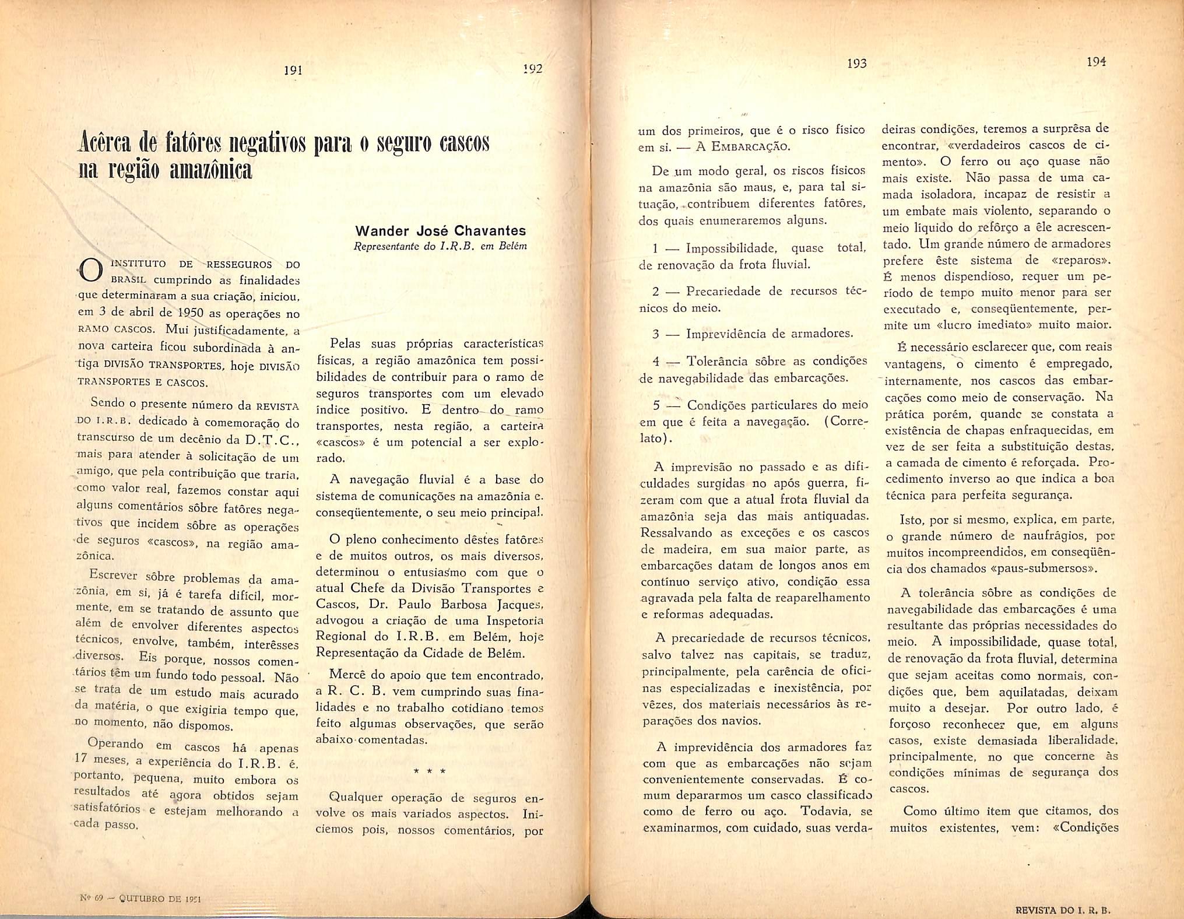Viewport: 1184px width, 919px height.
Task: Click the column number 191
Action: click(292, 70)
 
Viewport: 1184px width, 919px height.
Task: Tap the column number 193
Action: click(856, 64)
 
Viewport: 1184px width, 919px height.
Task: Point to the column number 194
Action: click(1096, 62)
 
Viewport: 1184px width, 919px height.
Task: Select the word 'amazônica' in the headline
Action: click(210, 170)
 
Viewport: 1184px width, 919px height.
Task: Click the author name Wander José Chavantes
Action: click(441, 230)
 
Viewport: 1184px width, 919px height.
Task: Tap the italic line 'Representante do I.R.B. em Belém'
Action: click(440, 246)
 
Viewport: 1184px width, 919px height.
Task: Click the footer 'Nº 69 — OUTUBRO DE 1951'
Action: click(140, 899)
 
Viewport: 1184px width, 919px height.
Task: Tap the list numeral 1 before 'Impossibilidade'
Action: click(655, 248)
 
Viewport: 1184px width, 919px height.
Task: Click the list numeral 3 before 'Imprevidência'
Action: click(655, 334)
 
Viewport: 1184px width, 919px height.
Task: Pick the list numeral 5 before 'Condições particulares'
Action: click(656, 405)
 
